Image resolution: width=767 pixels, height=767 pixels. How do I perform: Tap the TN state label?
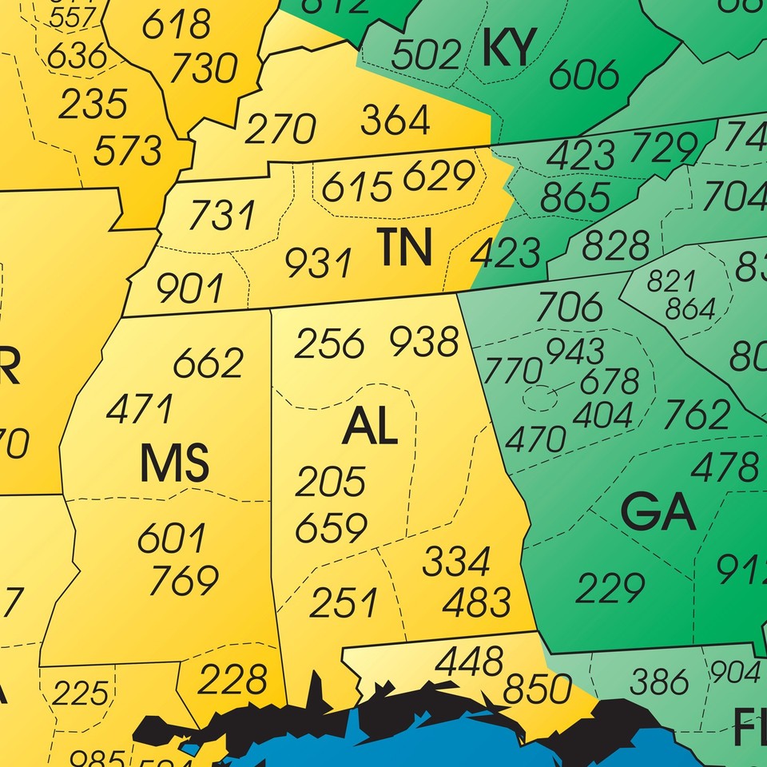point(405,248)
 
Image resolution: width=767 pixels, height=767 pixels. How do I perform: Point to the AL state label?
point(370,428)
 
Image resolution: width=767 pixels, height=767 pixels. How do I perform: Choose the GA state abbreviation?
point(658,514)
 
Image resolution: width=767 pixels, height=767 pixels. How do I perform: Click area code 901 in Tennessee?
point(190,288)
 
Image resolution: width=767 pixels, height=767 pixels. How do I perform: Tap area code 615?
point(357,187)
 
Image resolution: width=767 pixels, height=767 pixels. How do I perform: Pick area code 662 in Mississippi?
point(208,364)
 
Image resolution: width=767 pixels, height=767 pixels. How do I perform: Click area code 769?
point(185,580)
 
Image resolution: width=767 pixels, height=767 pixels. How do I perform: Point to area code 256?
point(329,344)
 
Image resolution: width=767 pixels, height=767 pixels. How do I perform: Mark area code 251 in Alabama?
point(344,602)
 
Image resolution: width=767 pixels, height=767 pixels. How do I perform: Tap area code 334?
point(456,562)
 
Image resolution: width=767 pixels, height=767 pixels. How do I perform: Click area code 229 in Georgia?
point(610,589)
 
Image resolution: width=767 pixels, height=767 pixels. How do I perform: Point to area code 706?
point(570,306)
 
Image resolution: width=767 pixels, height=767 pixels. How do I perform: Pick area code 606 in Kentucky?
point(585,75)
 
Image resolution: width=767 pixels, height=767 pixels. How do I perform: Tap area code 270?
point(280,129)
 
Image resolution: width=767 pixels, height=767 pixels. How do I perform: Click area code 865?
point(575,197)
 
